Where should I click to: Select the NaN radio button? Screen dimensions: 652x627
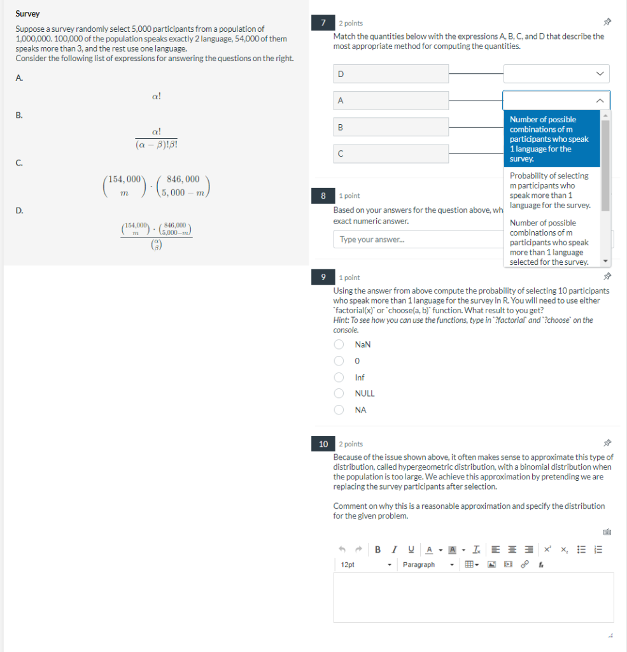point(340,344)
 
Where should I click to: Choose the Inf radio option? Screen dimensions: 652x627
point(340,378)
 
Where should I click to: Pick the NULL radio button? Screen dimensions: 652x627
point(340,393)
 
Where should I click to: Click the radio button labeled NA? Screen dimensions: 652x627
point(340,410)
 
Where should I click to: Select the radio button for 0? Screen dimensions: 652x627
point(340,361)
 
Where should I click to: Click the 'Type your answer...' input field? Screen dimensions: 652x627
point(417,239)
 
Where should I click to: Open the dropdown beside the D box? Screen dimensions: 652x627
point(556,74)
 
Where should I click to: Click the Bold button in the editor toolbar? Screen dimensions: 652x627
point(378,549)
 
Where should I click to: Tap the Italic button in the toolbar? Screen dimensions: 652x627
point(395,549)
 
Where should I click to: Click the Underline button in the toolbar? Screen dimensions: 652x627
point(411,549)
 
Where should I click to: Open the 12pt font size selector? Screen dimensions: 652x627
point(365,565)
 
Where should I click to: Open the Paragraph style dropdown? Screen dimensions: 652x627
point(428,565)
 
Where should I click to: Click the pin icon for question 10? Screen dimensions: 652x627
point(607,444)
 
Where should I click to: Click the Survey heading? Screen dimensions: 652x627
point(27,13)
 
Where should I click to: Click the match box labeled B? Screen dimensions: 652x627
point(391,127)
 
